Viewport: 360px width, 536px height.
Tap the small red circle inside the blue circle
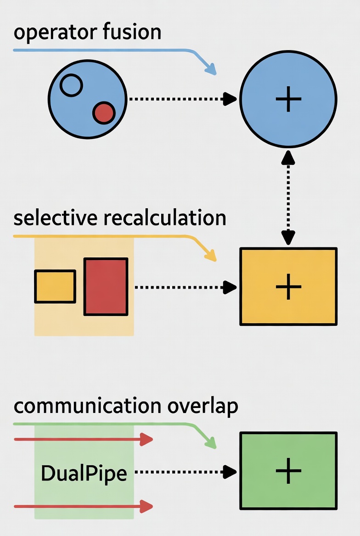coord(104,113)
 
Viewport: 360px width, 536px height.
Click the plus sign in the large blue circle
coord(288,99)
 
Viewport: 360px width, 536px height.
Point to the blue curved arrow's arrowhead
coord(211,70)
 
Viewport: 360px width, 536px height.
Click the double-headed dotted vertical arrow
coord(288,198)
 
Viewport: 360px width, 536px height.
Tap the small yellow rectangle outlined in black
coord(55,287)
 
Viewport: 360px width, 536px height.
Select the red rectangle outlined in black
coord(106,287)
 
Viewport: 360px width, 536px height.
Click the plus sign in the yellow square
coord(288,287)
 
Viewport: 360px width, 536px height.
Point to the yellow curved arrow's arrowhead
coord(211,257)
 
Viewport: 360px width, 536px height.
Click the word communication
coord(85,407)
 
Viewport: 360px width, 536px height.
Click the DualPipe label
coord(84,473)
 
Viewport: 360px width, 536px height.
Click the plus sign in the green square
coord(288,471)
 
